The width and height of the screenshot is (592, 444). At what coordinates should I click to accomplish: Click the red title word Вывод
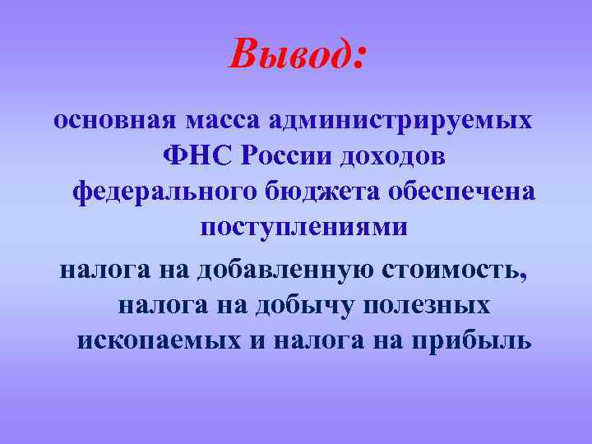pyautogui.click(x=288, y=54)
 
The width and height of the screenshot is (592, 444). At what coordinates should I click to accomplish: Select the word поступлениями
pyautogui.click(x=303, y=228)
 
